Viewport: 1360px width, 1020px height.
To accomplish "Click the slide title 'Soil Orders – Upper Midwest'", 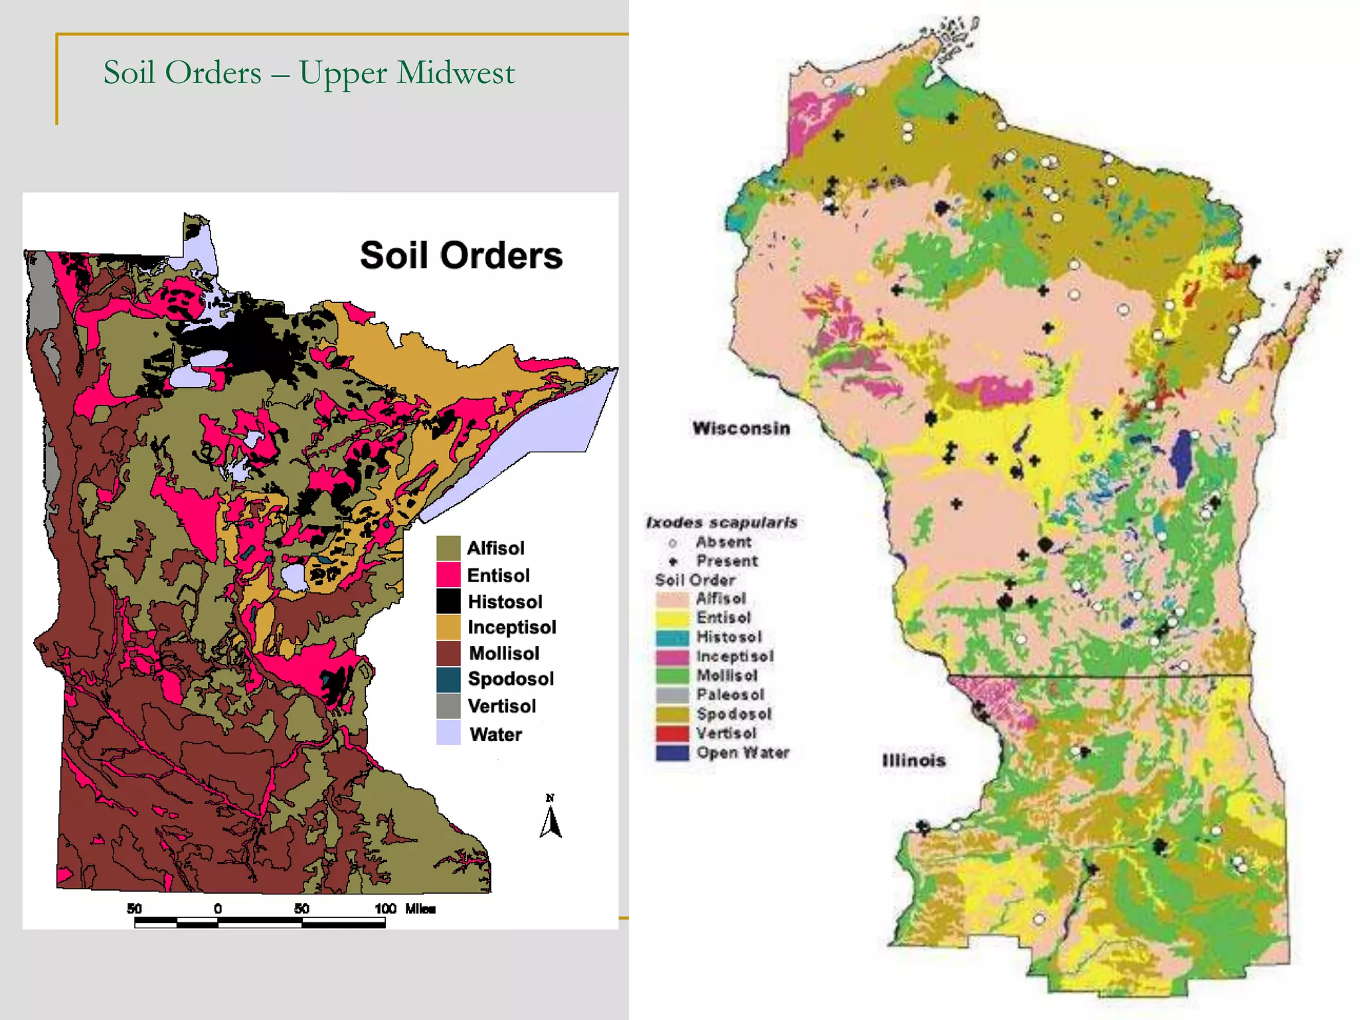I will point(309,72).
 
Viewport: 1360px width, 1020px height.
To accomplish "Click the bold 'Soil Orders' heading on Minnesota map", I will point(461,256).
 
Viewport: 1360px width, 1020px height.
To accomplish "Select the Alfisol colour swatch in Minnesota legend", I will point(448,548).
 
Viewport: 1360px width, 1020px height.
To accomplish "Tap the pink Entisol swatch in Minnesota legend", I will point(448,574).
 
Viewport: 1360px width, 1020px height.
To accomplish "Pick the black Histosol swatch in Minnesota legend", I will point(448,601).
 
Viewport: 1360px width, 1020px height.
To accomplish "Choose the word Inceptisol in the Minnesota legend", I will point(511,627).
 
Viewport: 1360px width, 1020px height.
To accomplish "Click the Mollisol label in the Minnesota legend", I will point(503,653).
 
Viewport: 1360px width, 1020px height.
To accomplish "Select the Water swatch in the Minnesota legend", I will point(448,733).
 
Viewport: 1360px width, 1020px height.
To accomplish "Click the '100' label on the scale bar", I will point(385,908).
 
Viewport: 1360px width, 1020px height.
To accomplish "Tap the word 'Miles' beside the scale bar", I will point(420,908).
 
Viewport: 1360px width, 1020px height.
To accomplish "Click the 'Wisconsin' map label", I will point(741,428).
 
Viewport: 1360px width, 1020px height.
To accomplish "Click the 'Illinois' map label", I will point(913,760).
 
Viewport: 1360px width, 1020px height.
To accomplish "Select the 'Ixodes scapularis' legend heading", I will point(721,523).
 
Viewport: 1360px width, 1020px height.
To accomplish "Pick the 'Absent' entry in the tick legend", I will point(722,542).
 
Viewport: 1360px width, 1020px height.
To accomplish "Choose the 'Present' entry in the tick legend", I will point(726,561).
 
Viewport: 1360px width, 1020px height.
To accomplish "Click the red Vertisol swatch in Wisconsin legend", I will point(672,734).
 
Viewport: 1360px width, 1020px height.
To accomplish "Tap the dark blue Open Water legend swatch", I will point(672,753).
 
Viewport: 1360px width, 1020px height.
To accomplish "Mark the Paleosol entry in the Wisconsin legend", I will point(729,695).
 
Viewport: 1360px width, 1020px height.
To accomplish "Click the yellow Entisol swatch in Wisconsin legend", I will point(672,618).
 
